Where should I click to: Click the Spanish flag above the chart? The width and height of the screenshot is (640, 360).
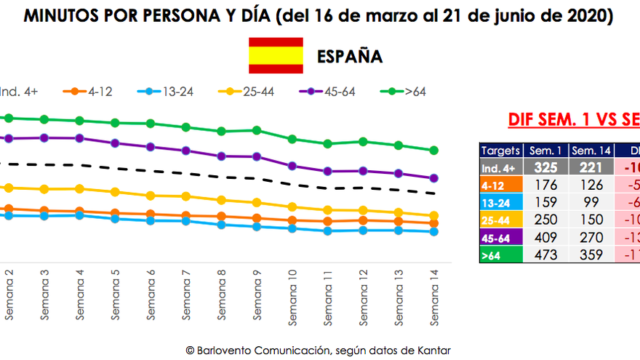(x=276, y=56)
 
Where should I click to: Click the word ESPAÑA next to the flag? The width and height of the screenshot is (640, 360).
(x=350, y=57)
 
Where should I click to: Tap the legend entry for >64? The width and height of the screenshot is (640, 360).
(x=405, y=92)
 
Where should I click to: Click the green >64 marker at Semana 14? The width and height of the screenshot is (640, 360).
(x=434, y=151)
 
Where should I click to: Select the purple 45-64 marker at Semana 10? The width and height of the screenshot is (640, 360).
(x=292, y=166)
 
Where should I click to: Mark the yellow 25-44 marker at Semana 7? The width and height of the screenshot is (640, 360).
(x=186, y=196)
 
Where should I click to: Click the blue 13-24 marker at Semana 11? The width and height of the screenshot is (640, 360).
(x=328, y=231)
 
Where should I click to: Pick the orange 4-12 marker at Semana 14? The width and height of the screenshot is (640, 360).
(x=434, y=223)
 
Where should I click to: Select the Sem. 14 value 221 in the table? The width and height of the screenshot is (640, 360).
(x=585, y=167)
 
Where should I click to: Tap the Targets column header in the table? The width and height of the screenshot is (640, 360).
(x=501, y=151)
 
